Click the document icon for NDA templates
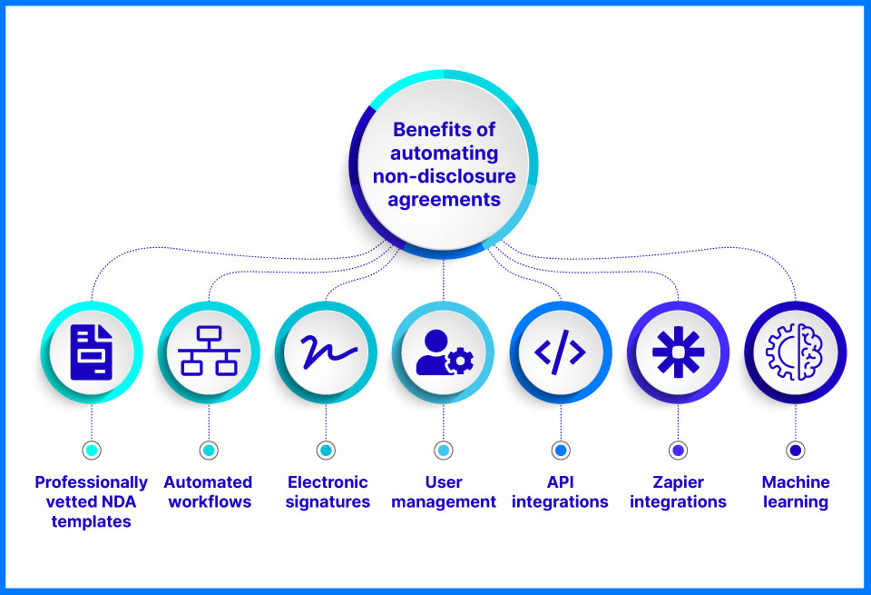pos(92,352)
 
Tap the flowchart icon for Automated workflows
pos(209,351)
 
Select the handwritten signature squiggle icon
pos(328,352)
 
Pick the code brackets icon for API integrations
pos(561,352)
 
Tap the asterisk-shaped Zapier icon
pos(679,352)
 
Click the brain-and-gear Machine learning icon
pos(795,352)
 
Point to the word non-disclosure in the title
pos(445,176)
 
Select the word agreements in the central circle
pos(445,200)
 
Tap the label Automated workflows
pos(209,492)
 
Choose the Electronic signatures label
pos(328,492)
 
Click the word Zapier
pos(679,482)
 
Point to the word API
pos(561,482)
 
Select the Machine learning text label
pos(796,492)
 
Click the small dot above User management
pos(444,451)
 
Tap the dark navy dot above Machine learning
pos(796,451)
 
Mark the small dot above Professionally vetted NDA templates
pos(92,451)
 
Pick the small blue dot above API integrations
pos(561,451)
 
